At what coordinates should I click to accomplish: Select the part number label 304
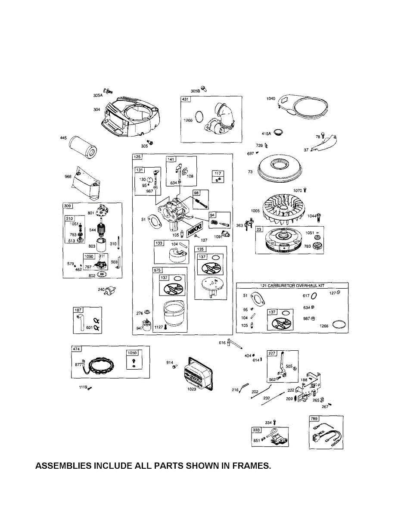coord(97,109)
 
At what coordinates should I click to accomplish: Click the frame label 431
coord(185,100)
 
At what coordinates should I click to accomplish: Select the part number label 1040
coord(270,99)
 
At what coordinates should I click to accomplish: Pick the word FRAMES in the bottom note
coord(252,466)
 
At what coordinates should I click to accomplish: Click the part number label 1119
coord(83,387)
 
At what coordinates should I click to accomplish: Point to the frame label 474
coord(75,349)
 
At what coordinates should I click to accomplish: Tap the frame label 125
coord(137,156)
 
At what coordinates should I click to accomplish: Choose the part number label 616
coord(222,343)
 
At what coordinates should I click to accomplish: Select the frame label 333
coord(256,430)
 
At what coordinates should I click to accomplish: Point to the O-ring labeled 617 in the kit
coord(314,296)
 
